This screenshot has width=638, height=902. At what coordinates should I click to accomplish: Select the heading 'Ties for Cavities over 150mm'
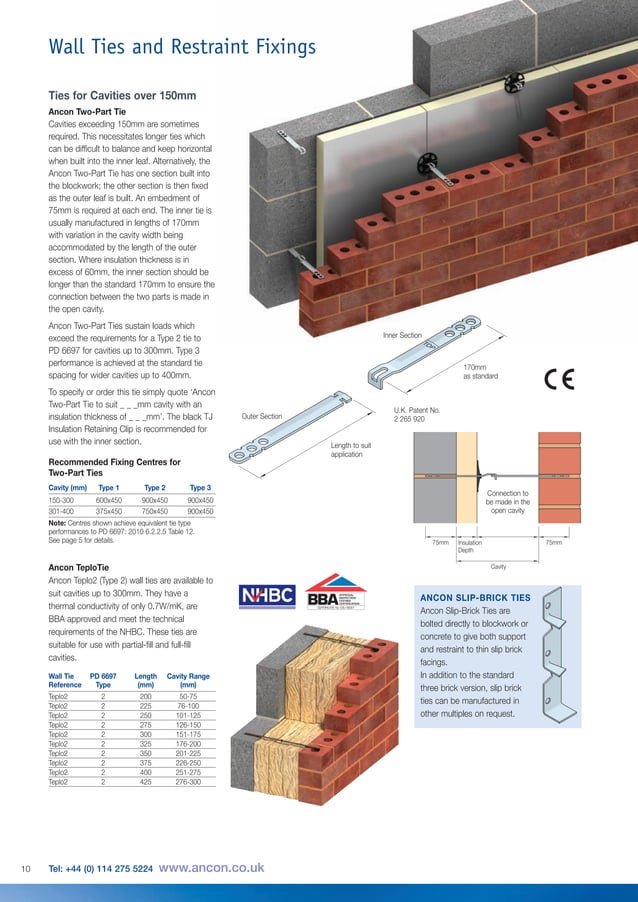(x=122, y=95)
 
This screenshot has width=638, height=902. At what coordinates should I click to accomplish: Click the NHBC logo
(x=267, y=596)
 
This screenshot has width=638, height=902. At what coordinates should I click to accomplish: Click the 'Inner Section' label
(x=403, y=336)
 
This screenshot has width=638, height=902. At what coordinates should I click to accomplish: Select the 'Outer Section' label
(x=262, y=416)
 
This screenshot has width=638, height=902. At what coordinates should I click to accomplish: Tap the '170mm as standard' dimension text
(x=480, y=371)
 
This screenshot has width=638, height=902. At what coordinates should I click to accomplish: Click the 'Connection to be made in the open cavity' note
(x=507, y=502)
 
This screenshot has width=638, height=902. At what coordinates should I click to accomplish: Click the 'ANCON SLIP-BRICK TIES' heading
(x=475, y=597)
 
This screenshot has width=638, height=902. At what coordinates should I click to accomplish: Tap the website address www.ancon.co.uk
(x=211, y=868)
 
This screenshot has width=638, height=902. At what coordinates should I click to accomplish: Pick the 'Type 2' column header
(x=153, y=487)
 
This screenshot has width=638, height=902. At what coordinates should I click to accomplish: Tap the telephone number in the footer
(x=100, y=869)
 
